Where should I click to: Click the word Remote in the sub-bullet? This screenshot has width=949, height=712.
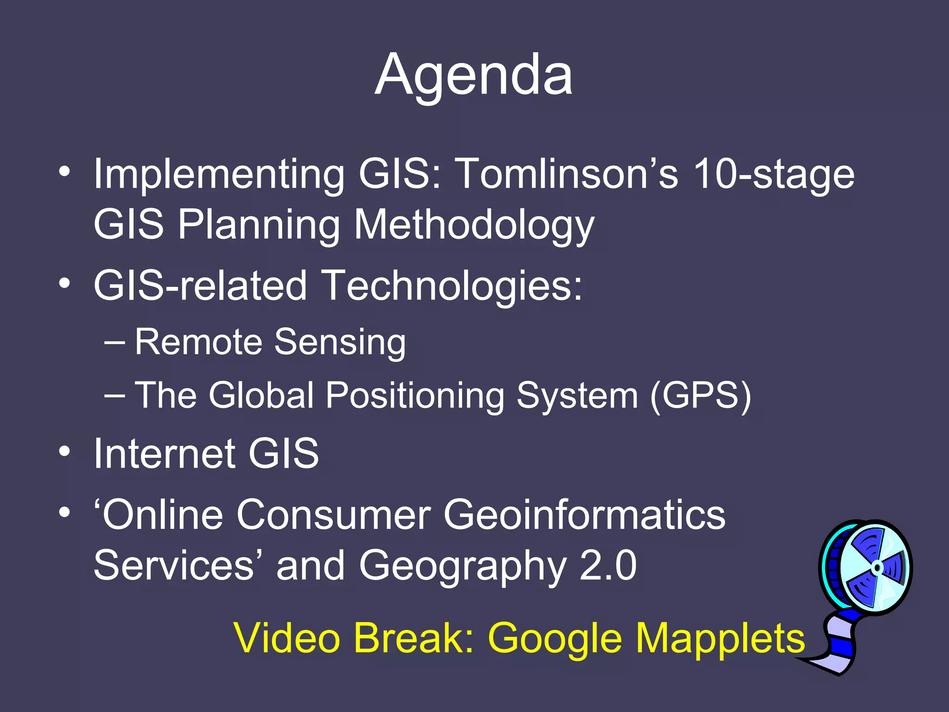click(x=199, y=342)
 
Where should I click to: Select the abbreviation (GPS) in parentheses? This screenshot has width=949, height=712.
click(x=700, y=396)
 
